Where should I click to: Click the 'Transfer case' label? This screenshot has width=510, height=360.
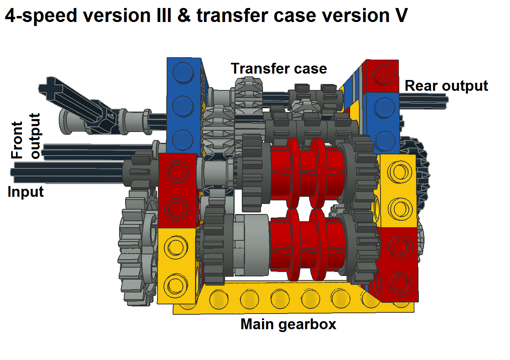(x=279, y=68)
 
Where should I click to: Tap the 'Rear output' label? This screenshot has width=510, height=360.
(x=446, y=86)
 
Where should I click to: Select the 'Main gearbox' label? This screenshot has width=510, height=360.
(x=288, y=324)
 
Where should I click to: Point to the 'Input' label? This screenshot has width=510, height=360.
(x=26, y=192)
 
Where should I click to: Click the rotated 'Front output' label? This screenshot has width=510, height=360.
(x=26, y=136)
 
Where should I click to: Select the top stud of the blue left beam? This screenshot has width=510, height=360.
(x=183, y=72)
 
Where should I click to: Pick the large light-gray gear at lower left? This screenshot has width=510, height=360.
(x=138, y=246)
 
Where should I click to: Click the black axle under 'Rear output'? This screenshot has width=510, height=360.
(x=424, y=101)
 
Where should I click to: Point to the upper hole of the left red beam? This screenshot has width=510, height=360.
(x=176, y=171)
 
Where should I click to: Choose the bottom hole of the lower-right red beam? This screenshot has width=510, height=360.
(x=401, y=284)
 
